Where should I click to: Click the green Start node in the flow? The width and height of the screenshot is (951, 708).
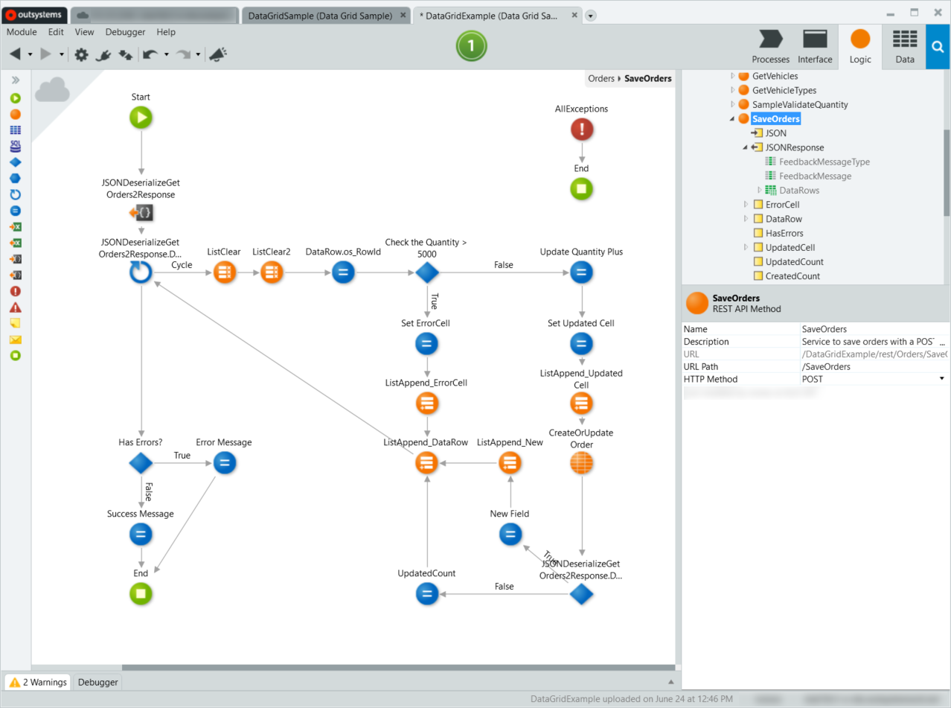[x=141, y=117]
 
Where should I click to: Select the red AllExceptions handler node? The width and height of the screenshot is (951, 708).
[x=581, y=130]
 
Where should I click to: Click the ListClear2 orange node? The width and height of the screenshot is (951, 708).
[x=272, y=272]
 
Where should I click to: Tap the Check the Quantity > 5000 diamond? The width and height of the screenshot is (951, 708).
[x=426, y=272]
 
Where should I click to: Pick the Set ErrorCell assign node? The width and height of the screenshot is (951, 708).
[x=426, y=344]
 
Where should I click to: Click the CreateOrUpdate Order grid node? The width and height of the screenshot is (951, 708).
[x=581, y=463]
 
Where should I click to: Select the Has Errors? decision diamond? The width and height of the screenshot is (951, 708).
[x=141, y=463]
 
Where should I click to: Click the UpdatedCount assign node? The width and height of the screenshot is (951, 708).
[x=426, y=593]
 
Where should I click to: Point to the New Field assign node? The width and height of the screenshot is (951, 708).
[x=510, y=534]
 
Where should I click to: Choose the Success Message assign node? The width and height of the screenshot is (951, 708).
[x=141, y=534]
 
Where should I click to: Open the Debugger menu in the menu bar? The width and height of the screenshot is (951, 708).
[x=125, y=32]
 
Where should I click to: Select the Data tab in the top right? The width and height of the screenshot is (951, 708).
[x=904, y=46]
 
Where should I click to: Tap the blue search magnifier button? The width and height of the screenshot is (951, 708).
[x=938, y=46]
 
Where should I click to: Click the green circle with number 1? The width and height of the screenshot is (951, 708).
[x=471, y=46]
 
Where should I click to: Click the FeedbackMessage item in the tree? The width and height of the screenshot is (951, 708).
[x=815, y=176]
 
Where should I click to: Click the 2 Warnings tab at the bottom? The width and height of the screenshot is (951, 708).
[x=39, y=682]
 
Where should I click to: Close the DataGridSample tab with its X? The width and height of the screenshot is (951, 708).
[x=403, y=15]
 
